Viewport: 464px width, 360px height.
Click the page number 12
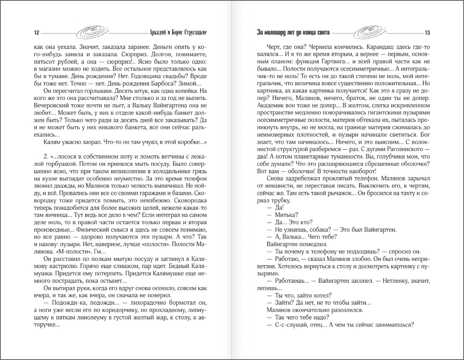click(36, 33)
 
